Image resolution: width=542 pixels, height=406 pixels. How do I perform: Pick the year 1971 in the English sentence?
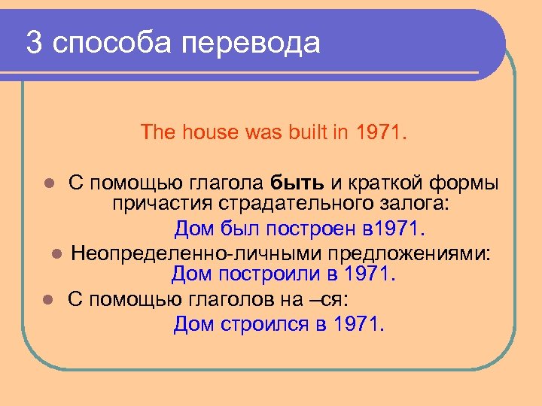379,133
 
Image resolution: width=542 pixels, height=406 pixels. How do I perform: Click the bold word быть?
297,183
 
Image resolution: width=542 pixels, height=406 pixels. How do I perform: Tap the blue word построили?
268,274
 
